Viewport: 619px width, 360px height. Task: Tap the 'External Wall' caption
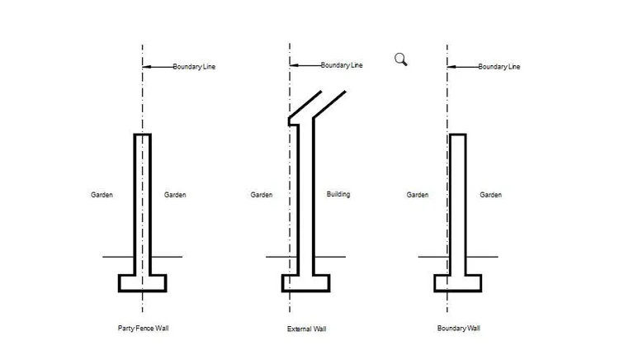306,329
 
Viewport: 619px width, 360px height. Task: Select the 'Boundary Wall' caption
458,329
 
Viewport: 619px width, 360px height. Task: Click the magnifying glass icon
401,59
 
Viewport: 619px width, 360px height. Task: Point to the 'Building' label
338,195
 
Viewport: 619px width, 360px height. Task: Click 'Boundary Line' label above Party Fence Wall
195,66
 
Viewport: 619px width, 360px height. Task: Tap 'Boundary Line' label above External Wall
341,65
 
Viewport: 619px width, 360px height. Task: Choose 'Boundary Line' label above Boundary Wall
500,66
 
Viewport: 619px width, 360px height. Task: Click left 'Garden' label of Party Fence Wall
102,195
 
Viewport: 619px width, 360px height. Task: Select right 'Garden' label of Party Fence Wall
175,195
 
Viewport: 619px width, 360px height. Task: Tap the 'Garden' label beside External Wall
262,195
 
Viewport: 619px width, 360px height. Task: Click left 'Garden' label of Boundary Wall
418,195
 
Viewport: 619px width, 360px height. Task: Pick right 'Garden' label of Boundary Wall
491,195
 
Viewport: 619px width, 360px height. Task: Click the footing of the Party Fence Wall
143,283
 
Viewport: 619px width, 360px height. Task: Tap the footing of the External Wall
306,283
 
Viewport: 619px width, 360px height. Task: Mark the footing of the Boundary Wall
458,283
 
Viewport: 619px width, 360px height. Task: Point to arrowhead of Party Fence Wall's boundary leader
145,66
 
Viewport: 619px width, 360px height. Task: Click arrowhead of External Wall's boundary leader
292,65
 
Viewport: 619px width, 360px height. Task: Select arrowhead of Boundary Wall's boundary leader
449,66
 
